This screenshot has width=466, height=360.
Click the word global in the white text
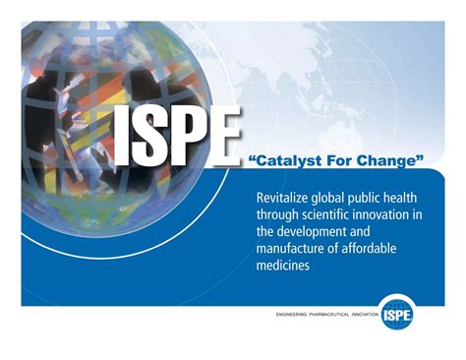[334, 197]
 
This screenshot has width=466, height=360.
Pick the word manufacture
[294, 249]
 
